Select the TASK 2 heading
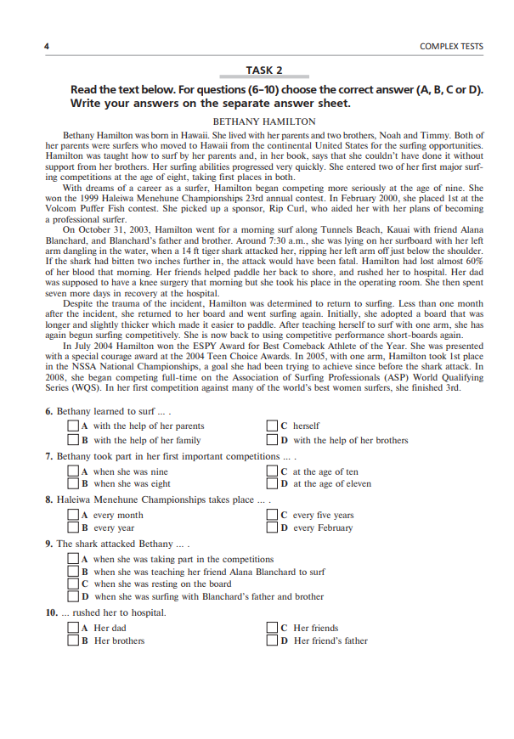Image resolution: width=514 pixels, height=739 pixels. (264, 71)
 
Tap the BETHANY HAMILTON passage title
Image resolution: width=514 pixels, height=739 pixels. (263, 121)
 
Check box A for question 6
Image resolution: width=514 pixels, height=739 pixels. (73, 426)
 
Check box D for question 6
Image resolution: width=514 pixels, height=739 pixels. (272, 440)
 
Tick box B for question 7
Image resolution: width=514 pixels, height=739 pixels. (73, 484)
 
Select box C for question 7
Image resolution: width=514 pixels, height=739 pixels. (272, 471)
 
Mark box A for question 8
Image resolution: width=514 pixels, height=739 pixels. (73, 515)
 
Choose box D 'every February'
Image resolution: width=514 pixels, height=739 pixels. (272, 528)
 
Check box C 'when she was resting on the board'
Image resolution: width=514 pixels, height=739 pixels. (73, 584)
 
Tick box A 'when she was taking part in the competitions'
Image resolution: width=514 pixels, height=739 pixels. (73, 559)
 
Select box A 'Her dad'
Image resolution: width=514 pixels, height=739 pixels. (73, 628)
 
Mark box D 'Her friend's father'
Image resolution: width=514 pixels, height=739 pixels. (272, 640)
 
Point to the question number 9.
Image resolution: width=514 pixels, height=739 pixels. (49, 544)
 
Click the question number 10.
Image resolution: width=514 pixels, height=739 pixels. (51, 612)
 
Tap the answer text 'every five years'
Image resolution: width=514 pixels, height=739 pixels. (323, 515)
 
